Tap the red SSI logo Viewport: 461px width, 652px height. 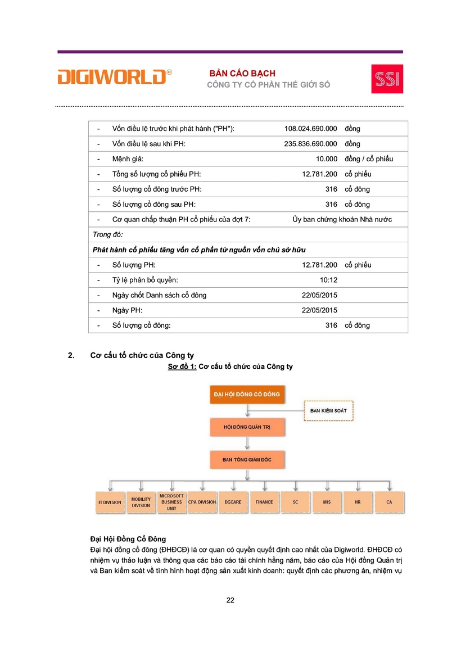387,79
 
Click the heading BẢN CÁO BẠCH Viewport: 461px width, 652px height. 242,74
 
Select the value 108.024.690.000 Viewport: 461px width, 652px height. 311,129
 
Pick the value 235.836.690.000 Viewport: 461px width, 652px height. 311,144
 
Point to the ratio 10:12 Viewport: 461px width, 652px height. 328,280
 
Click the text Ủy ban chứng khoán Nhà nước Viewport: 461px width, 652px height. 342,219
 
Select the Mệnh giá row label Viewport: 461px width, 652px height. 128,159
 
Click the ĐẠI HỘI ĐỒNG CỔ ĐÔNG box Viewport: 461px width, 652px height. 247,395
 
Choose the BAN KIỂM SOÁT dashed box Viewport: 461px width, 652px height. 328,411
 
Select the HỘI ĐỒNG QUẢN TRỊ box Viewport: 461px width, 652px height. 247,428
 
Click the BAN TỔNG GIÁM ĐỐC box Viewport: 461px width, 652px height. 247,460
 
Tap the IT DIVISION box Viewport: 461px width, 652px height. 110,502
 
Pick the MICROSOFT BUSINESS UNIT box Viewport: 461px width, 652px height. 171,502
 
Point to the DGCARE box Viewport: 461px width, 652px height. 233,502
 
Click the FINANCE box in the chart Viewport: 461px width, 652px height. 264,502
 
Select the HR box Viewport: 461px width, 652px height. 358,502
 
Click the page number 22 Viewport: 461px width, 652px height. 230,600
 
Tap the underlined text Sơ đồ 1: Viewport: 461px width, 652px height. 182,366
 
